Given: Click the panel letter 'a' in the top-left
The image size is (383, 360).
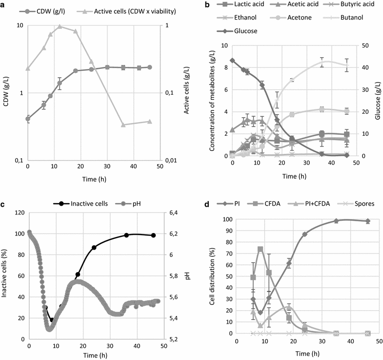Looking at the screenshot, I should [3, 5].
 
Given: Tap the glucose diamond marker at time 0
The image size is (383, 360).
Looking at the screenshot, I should [232, 61].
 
